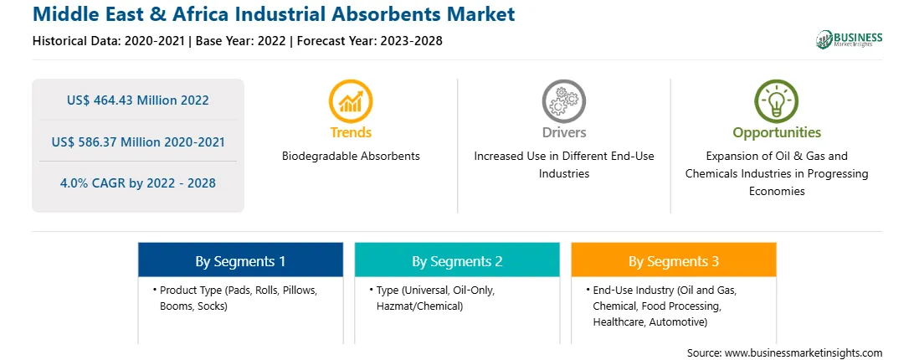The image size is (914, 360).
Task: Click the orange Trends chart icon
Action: pos(351,101)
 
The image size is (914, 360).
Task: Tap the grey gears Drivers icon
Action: pos(563,101)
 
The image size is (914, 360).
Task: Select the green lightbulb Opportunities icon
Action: pos(777,101)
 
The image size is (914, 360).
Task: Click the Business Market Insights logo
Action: pos(850,39)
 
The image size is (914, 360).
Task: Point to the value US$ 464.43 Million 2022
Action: pos(137,100)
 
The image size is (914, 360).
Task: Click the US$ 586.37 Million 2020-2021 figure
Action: pos(137,141)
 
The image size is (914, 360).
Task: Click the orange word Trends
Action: pos(351,132)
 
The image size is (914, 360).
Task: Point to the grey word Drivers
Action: pos(563,132)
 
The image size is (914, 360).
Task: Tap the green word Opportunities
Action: pos(777,133)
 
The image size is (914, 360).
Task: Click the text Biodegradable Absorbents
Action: pos(351,157)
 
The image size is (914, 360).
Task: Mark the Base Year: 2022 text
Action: pos(241,41)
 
